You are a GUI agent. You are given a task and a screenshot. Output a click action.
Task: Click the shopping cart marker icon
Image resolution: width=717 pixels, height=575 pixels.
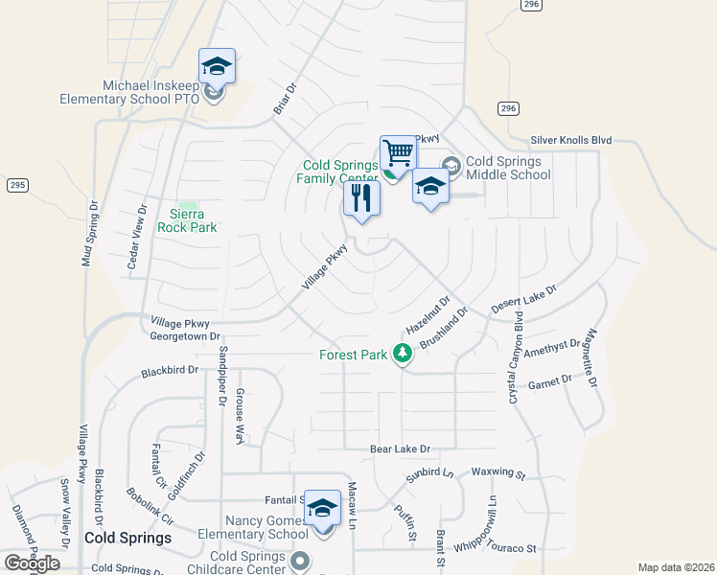pos(398,152)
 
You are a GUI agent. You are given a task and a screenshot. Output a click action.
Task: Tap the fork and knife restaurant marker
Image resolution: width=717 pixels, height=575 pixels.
pos(361,198)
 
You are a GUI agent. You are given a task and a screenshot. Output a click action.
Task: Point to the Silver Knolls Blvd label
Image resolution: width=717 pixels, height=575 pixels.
pos(571,140)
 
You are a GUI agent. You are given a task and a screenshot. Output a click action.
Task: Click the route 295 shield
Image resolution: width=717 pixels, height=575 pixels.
pos(16,184)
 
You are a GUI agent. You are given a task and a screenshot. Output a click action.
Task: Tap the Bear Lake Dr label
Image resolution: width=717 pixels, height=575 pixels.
pos(401,448)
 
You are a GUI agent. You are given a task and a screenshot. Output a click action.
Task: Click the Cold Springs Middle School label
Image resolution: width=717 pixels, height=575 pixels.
pos(508,168)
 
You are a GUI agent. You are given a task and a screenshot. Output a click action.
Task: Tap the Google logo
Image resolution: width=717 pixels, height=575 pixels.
pos(32,563)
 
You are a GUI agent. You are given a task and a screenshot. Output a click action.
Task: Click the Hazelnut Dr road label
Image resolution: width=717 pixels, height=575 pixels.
pos(428,313)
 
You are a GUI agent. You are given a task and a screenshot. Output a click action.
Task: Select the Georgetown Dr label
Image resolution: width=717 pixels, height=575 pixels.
pos(185,336)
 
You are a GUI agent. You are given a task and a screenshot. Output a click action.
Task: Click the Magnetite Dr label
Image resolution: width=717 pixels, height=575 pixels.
pos(590,357)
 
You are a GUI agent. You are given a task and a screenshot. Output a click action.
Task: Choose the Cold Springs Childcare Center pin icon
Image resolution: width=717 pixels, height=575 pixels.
pos(301,561)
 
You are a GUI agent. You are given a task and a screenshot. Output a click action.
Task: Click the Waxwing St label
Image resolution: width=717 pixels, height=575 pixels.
pos(498,473)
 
